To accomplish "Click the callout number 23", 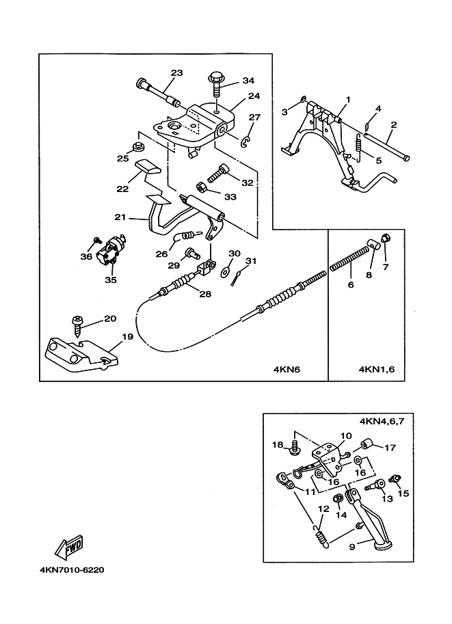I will click(x=177, y=73).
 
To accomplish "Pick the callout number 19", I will click(x=128, y=336).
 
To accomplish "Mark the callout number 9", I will click(x=353, y=546).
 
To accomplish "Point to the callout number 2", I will click(x=394, y=124).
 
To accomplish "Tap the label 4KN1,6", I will click(x=376, y=370).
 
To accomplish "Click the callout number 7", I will click(x=385, y=267).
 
